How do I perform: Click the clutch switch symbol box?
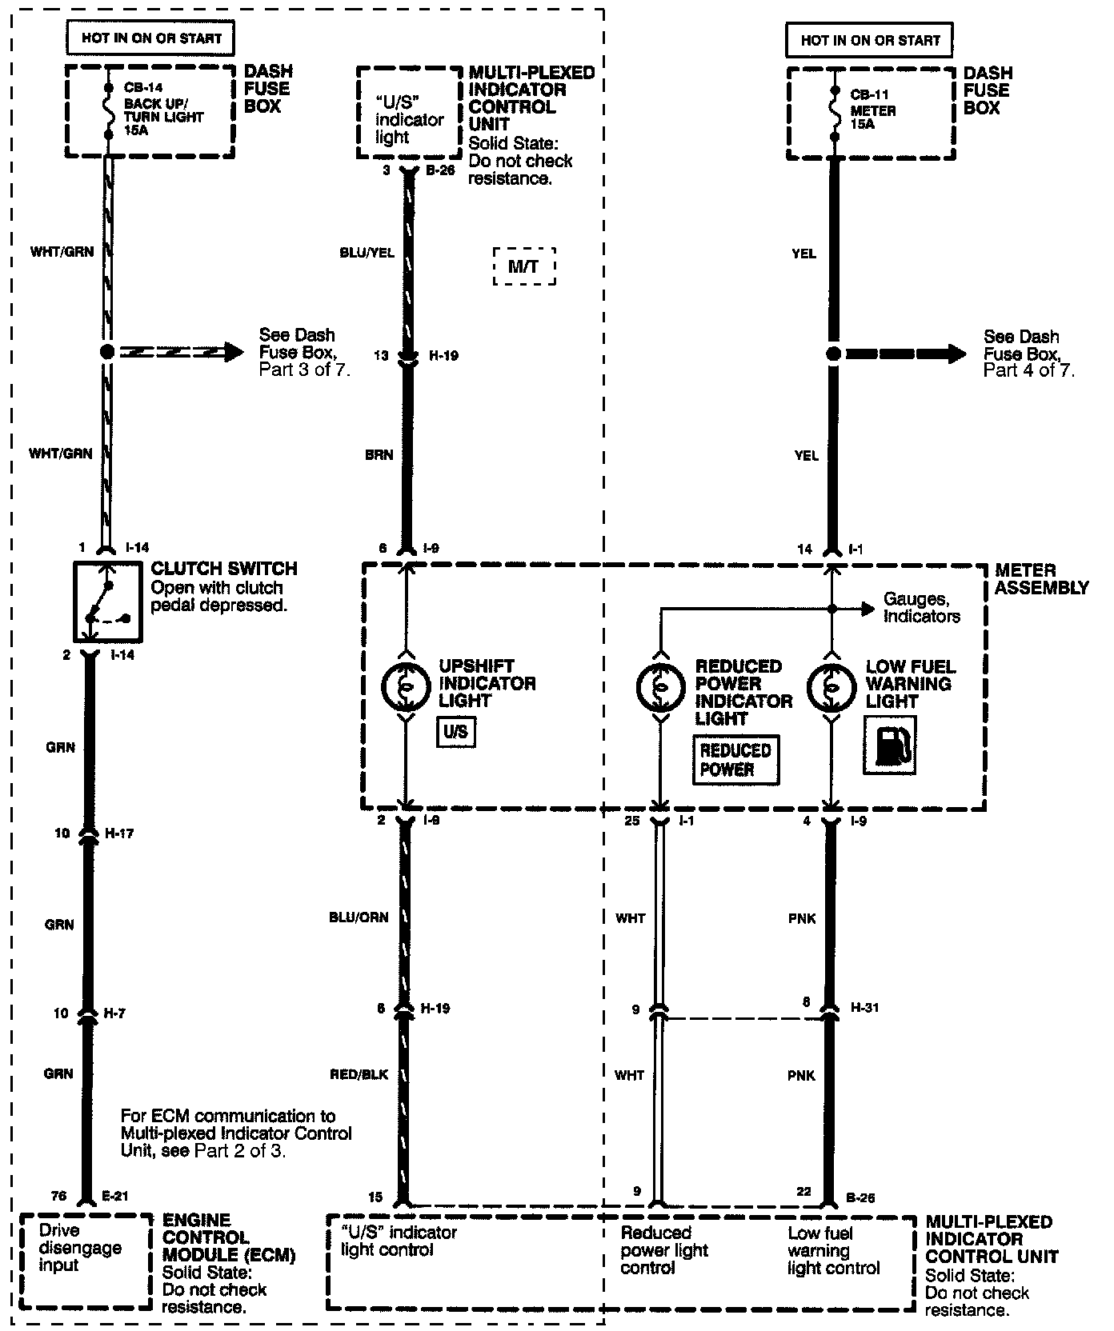pyautogui.click(x=107, y=602)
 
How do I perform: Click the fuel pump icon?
pyautogui.click(x=889, y=745)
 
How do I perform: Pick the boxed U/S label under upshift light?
pyautogui.click(x=455, y=732)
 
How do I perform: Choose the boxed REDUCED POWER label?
pyautogui.click(x=735, y=760)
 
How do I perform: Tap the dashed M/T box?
pyautogui.click(x=523, y=266)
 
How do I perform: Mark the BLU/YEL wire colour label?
pyautogui.click(x=367, y=253)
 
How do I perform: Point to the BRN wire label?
pyautogui.click(x=379, y=454)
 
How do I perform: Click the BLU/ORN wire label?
pyautogui.click(x=359, y=917)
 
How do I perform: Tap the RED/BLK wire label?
pyautogui.click(x=359, y=1074)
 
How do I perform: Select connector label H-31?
pyautogui.click(x=865, y=1007)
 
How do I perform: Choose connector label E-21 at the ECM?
pyautogui.click(x=115, y=1197)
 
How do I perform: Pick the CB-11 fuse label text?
pyautogui.click(x=869, y=94)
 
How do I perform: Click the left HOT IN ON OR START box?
pyautogui.click(x=151, y=38)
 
